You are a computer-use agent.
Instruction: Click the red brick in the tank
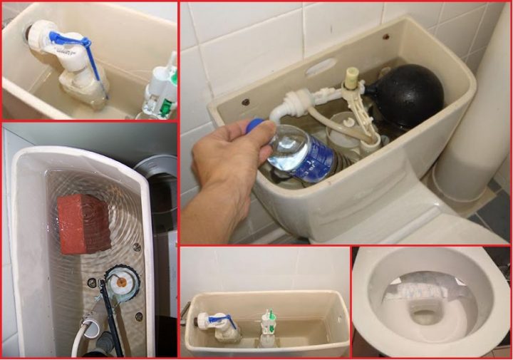(x=84, y=223)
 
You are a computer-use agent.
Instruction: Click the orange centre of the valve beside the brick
(x=121, y=282)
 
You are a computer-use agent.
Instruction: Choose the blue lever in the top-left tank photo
(x=75, y=41)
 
